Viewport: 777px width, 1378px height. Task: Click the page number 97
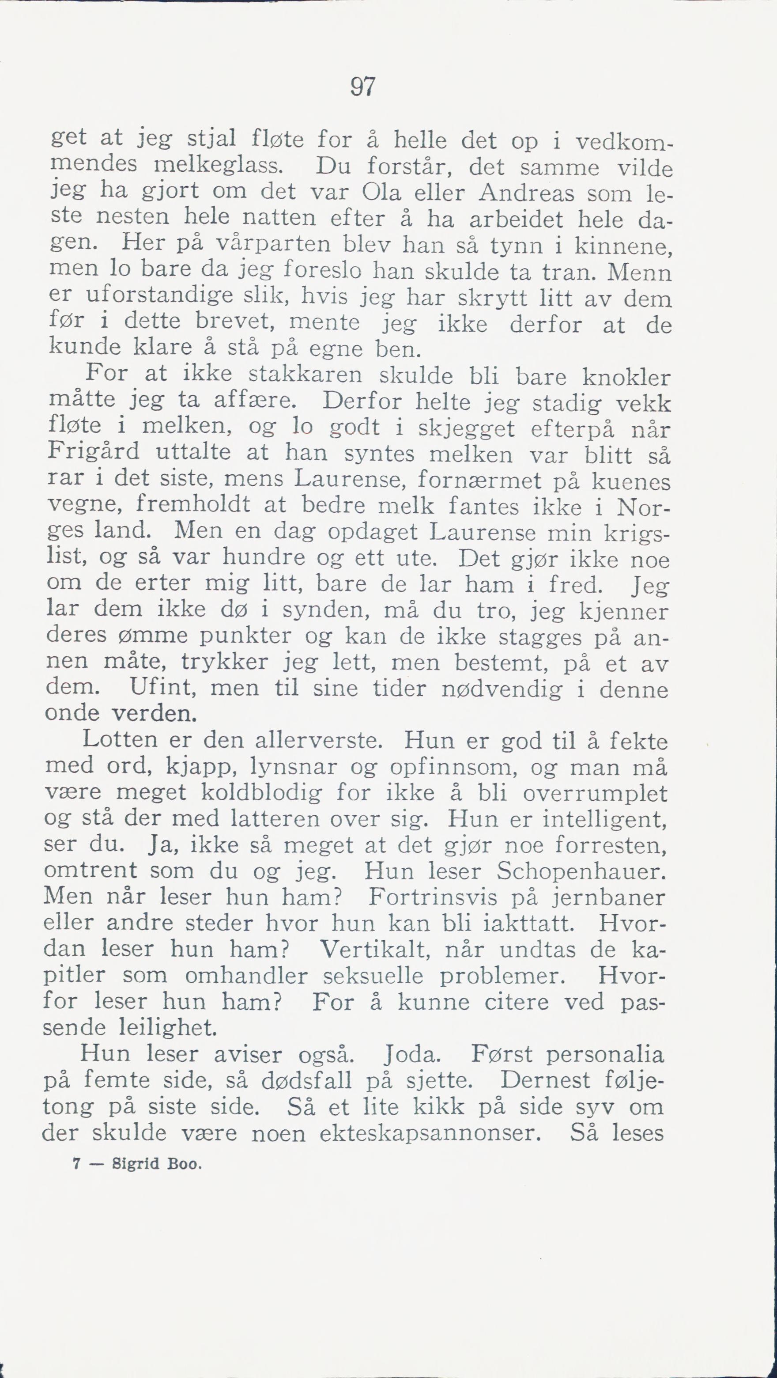pos(363,87)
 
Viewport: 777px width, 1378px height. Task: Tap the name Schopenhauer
pos(581,872)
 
